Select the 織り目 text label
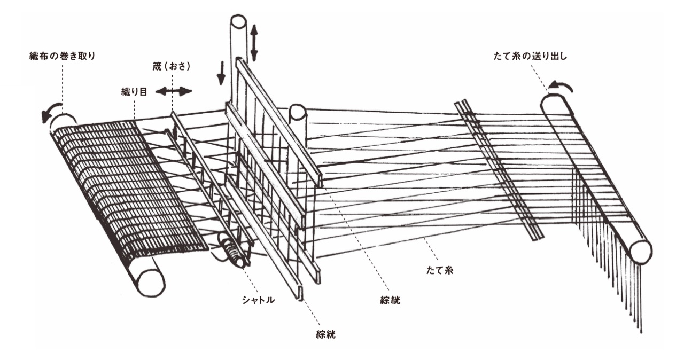point(134,91)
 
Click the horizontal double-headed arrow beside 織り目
point(173,91)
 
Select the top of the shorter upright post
point(297,112)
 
